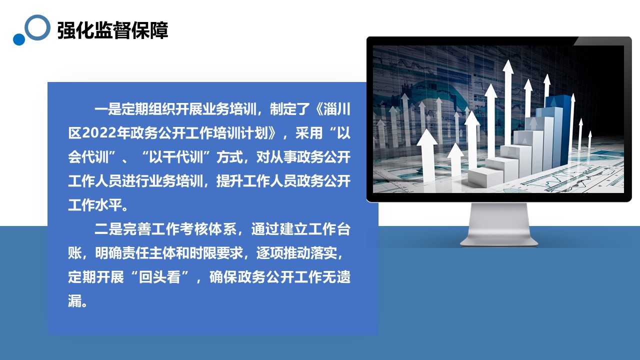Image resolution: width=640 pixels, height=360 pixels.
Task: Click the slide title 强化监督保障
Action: pyautogui.click(x=112, y=30)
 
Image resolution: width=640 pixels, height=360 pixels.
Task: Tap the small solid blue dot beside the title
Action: pyautogui.click(x=19, y=39)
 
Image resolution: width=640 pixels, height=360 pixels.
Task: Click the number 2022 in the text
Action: pyautogui.click(x=99, y=133)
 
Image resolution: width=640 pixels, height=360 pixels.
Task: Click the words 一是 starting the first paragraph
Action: pyautogui.click(x=108, y=109)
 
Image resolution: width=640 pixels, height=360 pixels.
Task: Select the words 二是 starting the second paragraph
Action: pyautogui.click(x=108, y=229)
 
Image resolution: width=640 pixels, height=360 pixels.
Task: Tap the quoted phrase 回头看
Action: pyautogui.click(x=159, y=277)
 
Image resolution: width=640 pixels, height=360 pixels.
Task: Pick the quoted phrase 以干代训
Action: pyautogui.click(x=176, y=157)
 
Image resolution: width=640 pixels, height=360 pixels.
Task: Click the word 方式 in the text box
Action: pyautogui.click(x=229, y=157)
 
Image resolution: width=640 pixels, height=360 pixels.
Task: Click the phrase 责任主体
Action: pyautogui.click(x=149, y=253)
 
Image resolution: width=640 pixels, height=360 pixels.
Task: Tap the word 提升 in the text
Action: pyautogui.click(x=229, y=181)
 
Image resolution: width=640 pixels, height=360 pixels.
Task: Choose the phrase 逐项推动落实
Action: pyautogui.click(x=297, y=253)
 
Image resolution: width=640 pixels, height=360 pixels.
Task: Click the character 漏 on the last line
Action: pyautogui.click(x=74, y=301)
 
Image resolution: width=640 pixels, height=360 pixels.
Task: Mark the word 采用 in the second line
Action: pyautogui.click(x=309, y=133)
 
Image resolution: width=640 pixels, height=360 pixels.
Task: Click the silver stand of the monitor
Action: pyautogui.click(x=499, y=225)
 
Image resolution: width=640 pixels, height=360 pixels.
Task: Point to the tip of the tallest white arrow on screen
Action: pyautogui.click(x=508, y=60)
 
